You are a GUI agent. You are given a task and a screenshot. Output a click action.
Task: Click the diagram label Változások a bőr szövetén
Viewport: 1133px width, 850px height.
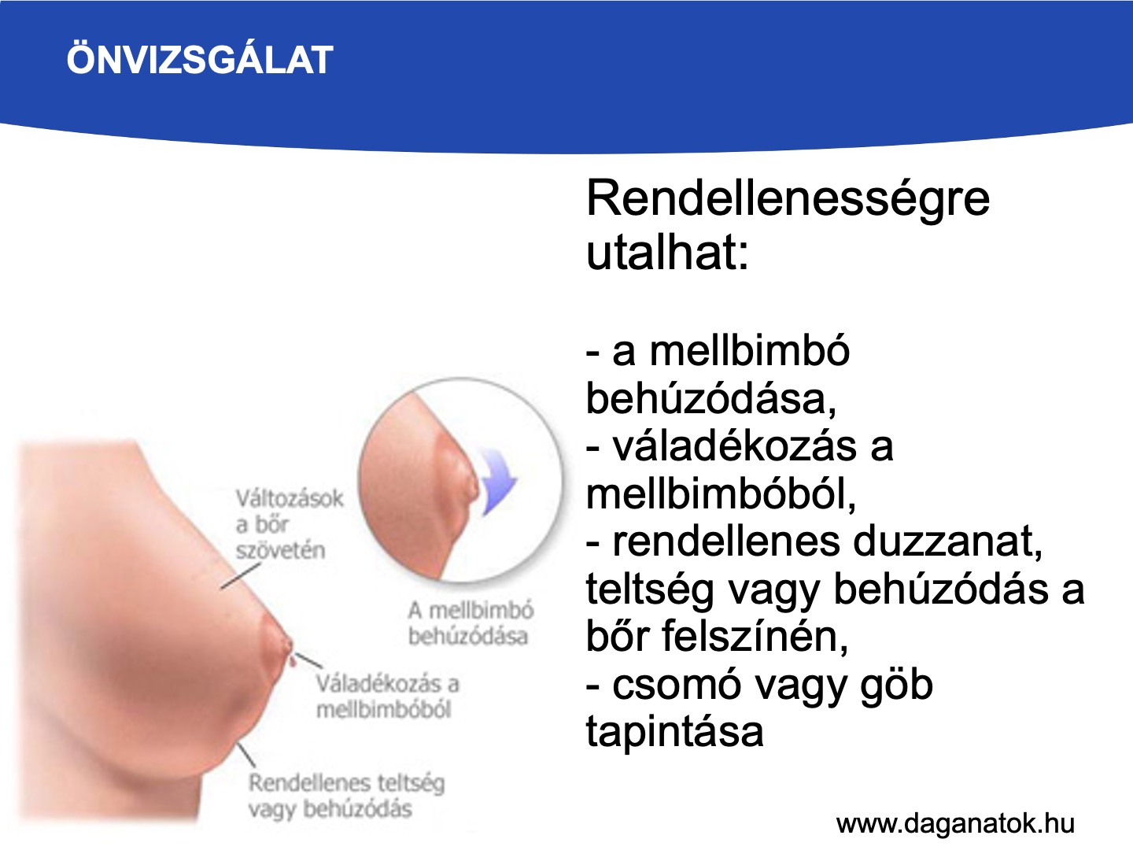(x=289, y=524)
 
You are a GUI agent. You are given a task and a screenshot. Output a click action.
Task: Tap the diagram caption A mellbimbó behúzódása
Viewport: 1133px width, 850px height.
(x=471, y=623)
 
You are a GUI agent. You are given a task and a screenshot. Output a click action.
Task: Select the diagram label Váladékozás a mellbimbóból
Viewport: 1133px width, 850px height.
(x=387, y=697)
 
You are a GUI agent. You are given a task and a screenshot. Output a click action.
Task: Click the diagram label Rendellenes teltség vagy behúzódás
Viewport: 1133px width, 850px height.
(x=346, y=796)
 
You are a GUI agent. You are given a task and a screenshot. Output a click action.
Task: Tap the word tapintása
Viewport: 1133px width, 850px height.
(x=674, y=732)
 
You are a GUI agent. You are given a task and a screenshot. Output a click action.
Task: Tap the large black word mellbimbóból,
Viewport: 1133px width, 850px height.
(x=721, y=494)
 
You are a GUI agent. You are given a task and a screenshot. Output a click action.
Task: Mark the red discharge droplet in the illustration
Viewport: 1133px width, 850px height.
(x=293, y=660)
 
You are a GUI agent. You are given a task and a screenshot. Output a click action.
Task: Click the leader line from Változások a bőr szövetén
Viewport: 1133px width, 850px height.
(x=241, y=576)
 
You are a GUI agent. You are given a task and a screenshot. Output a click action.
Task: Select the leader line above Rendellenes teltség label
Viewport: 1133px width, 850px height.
(x=246, y=755)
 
